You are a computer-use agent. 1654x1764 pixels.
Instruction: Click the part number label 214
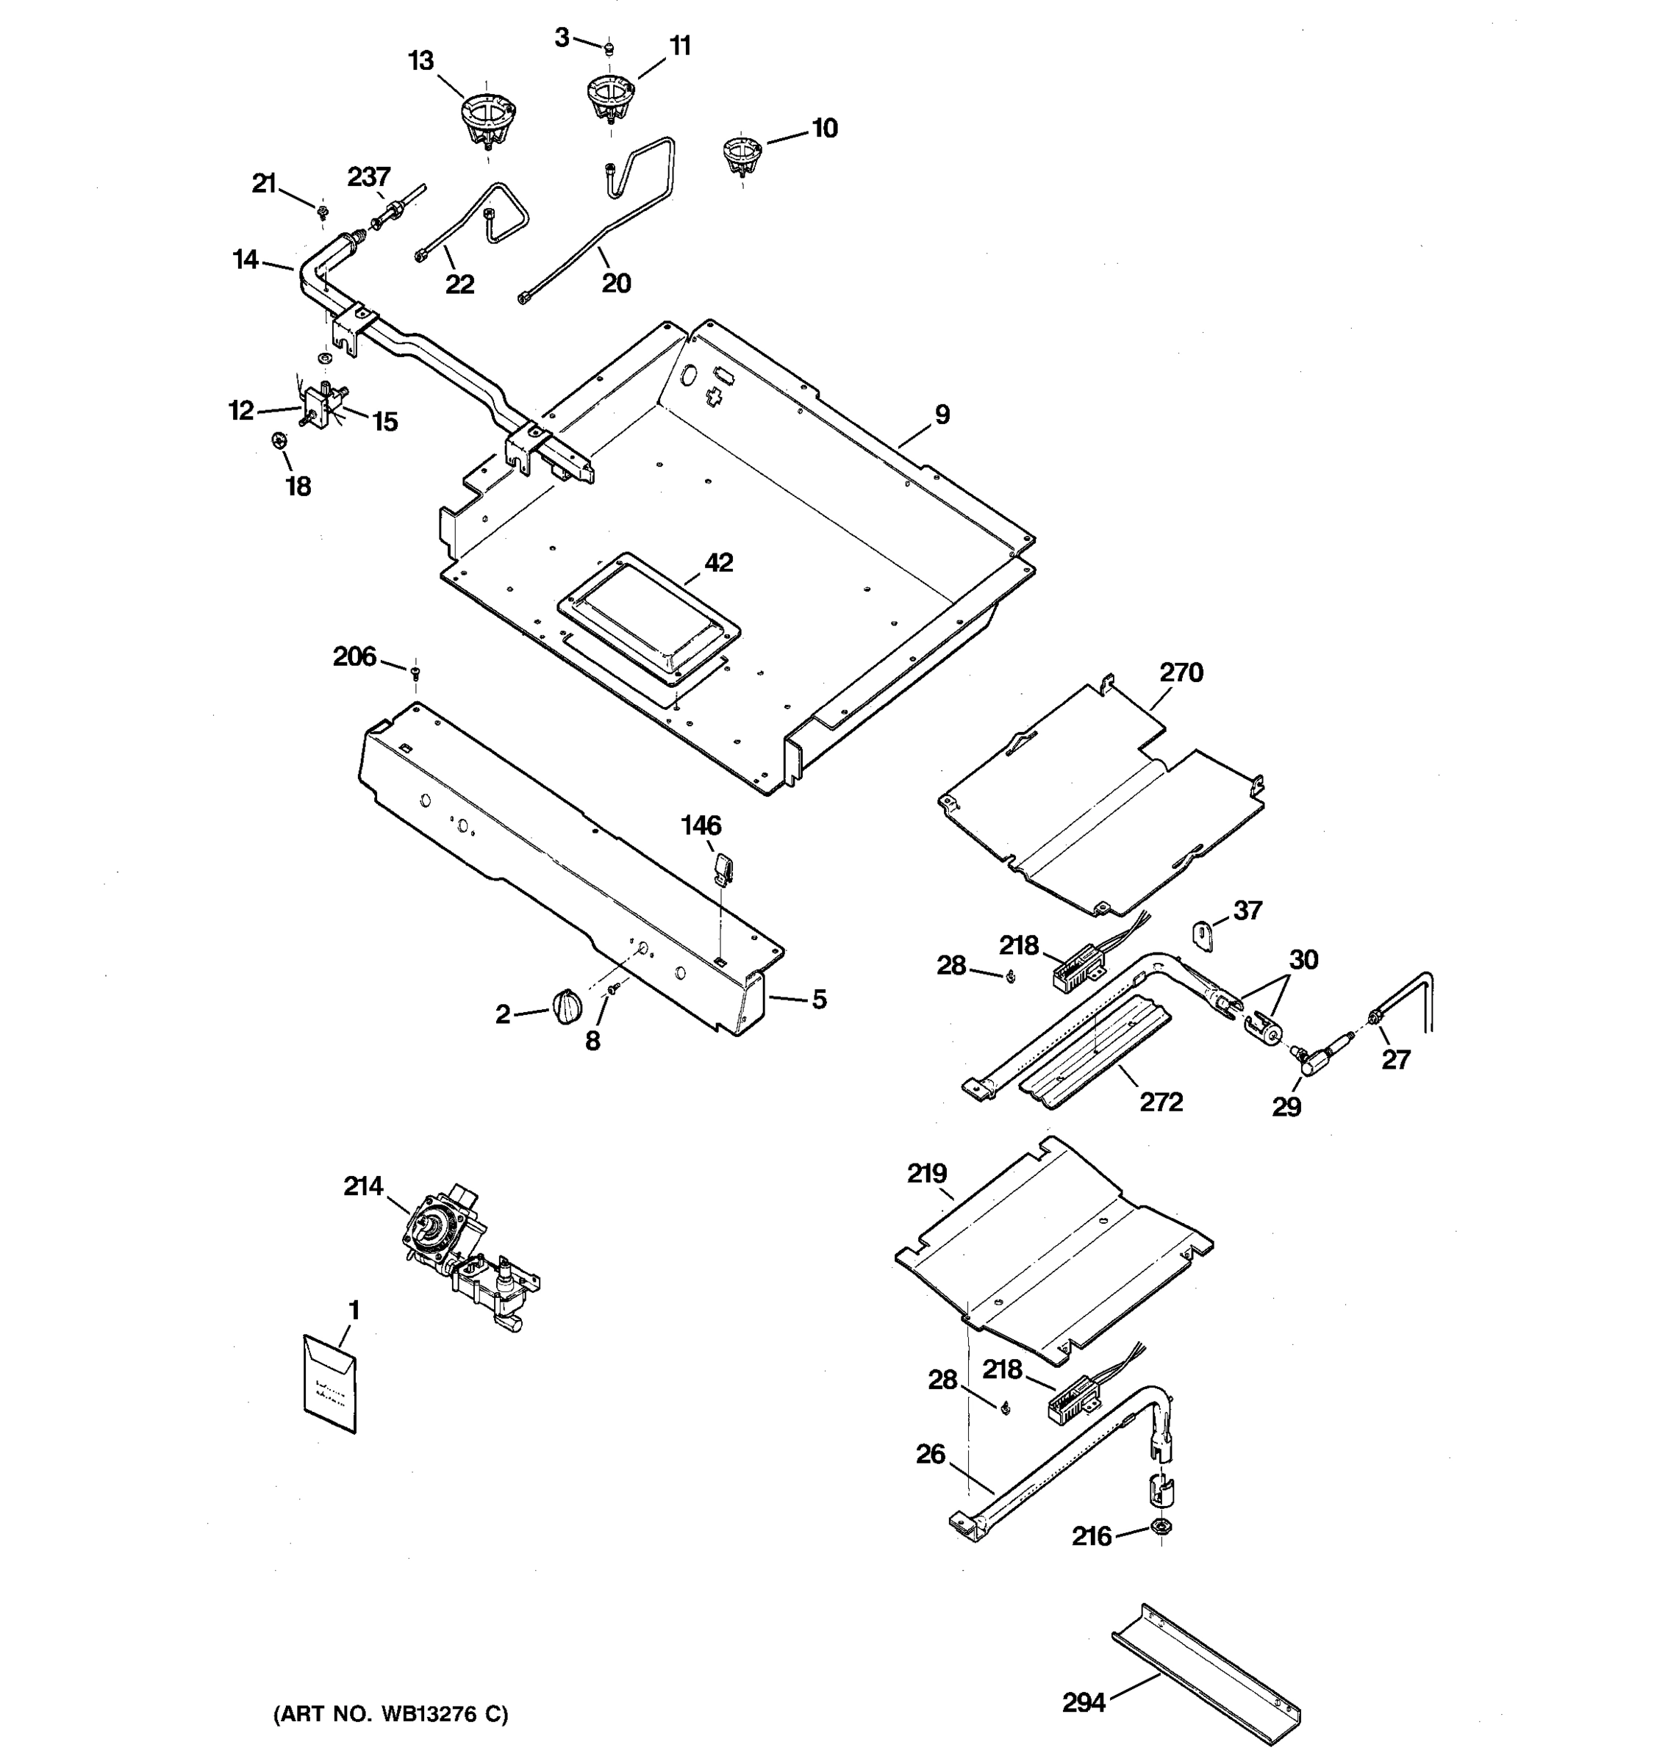363,1186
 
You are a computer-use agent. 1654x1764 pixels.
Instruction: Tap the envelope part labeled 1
329,1383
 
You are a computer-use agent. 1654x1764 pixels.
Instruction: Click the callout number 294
1084,1702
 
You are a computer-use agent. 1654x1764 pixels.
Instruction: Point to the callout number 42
719,562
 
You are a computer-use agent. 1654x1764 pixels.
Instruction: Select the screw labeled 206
415,672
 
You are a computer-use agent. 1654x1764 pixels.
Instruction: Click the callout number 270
1181,673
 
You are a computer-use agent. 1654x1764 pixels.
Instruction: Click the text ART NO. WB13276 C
390,1714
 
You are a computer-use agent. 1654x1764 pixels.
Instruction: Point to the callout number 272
1161,1101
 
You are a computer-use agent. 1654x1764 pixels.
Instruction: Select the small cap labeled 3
609,47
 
